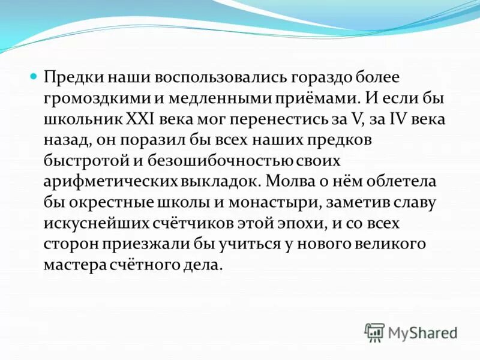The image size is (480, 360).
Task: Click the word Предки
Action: (x=71, y=78)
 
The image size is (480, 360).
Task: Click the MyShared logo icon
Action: (x=374, y=332)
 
